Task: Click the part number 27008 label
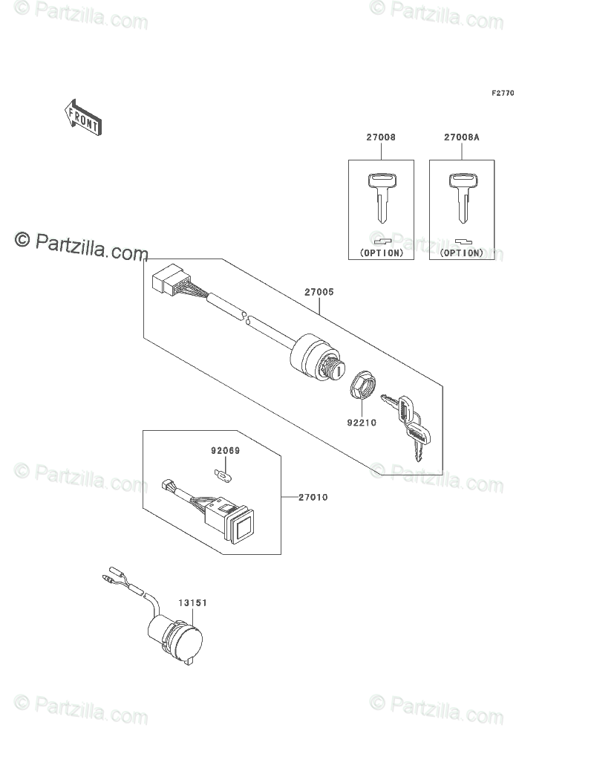380,138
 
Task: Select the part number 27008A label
462,138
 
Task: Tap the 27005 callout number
319,293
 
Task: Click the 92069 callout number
225,450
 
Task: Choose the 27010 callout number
313,497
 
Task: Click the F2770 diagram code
502,94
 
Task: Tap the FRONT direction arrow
82,117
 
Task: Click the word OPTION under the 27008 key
382,253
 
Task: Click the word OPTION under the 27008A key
462,253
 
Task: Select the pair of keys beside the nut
407,425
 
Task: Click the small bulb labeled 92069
222,472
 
